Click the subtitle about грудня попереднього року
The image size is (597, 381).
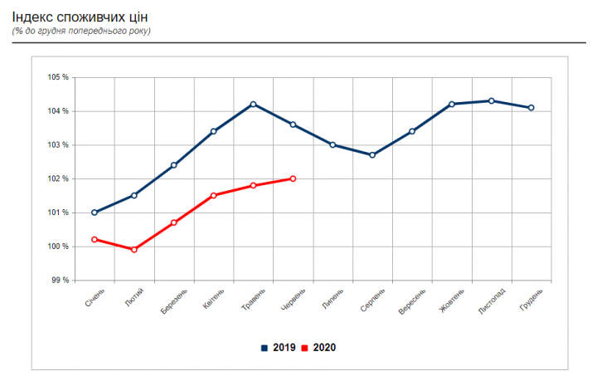(x=81, y=31)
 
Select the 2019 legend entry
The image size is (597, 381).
(x=279, y=348)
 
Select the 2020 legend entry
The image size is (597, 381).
(x=319, y=348)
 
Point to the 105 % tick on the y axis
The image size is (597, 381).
(x=58, y=77)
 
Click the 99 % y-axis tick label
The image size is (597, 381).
(x=60, y=281)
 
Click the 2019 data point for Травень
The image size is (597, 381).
(x=253, y=104)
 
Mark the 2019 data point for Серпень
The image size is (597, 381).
(x=372, y=155)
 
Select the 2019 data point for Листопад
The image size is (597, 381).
(x=492, y=100)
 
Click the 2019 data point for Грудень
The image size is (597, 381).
(x=531, y=107)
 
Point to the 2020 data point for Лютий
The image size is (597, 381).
(x=133, y=249)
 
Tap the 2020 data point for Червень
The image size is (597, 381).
(x=293, y=178)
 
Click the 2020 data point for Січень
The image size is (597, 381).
(x=95, y=239)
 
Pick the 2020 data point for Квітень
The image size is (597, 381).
(x=213, y=195)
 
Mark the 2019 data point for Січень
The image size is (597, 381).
(x=95, y=212)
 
